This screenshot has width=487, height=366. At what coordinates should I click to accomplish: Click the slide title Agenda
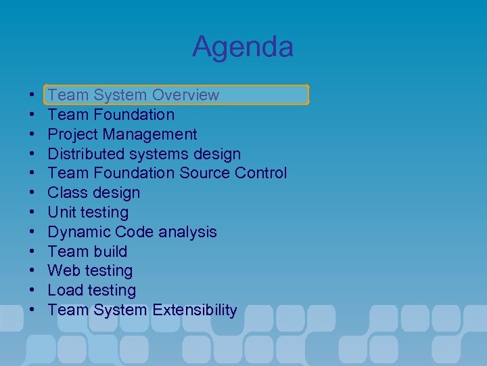[243, 47]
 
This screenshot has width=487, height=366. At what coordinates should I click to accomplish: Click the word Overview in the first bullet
[185, 95]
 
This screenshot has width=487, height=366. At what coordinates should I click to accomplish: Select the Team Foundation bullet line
[111, 115]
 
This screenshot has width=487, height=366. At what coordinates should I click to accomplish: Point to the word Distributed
[86, 154]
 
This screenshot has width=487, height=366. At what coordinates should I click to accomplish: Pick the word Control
[261, 174]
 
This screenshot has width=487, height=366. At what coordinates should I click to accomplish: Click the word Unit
[62, 212]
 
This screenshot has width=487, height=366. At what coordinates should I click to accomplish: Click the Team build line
[87, 251]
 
